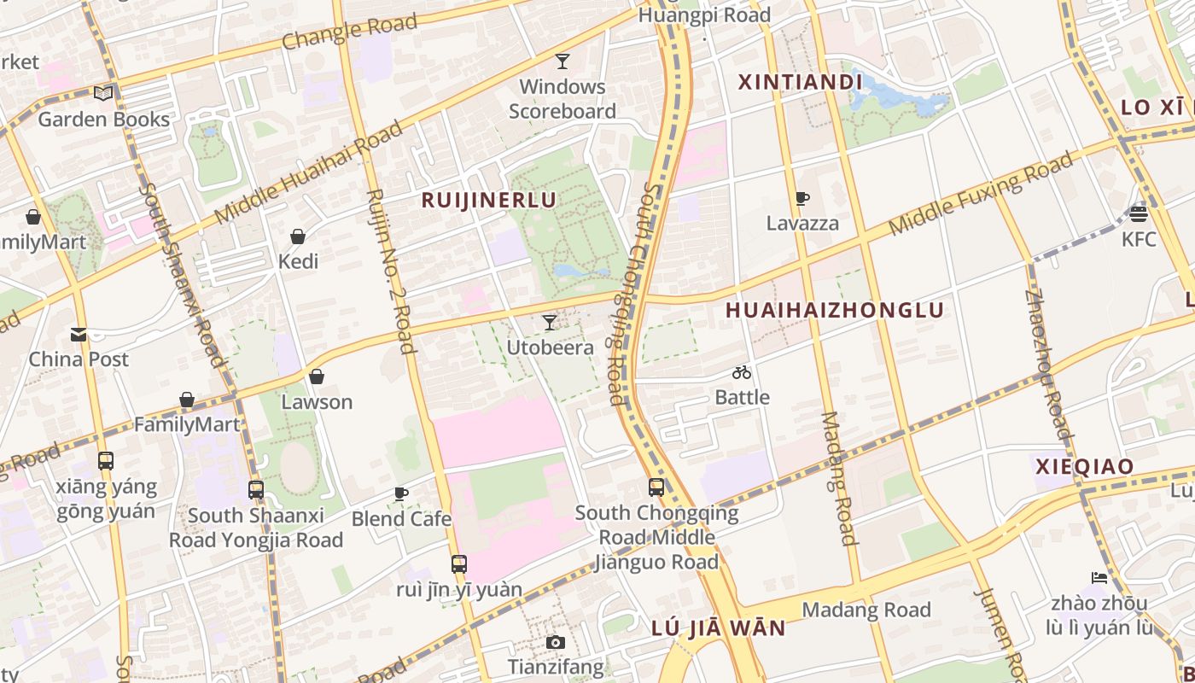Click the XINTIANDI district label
pyautogui.click(x=800, y=82)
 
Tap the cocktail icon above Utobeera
pyautogui.click(x=550, y=322)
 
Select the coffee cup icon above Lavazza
pyautogui.click(x=802, y=199)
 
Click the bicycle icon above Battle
pyautogui.click(x=742, y=372)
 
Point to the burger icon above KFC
pyautogui.click(x=1139, y=213)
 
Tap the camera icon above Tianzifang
pyautogui.click(x=556, y=642)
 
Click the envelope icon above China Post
pyautogui.click(x=79, y=334)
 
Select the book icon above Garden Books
pyautogui.click(x=103, y=94)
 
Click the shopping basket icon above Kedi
pyautogui.click(x=298, y=236)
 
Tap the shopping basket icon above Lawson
pyautogui.click(x=317, y=377)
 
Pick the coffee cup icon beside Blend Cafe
pyautogui.click(x=401, y=493)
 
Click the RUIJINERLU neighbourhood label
pyautogui.click(x=489, y=200)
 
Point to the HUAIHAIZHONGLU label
pyautogui.click(x=835, y=310)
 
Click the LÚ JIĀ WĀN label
pyautogui.click(x=718, y=628)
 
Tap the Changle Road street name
pyautogui.click(x=349, y=32)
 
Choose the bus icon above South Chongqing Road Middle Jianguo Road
pyautogui.click(x=656, y=487)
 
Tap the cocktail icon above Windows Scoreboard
pyautogui.click(x=563, y=61)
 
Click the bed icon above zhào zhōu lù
pyautogui.click(x=1099, y=578)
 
